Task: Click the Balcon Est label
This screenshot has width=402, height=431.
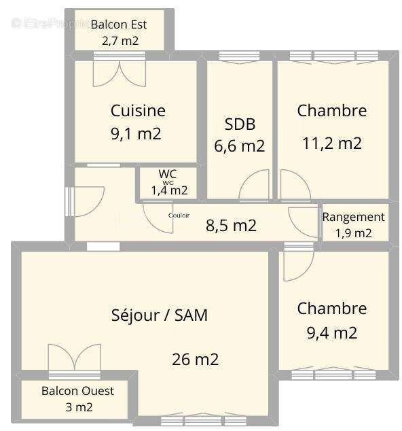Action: tap(119, 24)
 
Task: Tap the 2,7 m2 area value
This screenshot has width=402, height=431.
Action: tap(120, 40)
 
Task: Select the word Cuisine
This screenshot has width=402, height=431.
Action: tap(138, 110)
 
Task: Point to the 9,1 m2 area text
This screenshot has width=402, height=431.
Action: tap(136, 133)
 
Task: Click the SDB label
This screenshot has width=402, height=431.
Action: tap(240, 124)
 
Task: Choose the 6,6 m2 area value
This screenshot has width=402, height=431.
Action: tap(239, 145)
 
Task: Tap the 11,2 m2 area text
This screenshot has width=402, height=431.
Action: tap(331, 143)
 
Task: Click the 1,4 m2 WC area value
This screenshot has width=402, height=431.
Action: tap(169, 190)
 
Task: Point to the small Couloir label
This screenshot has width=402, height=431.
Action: tap(179, 215)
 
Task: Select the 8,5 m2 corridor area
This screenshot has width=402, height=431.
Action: tap(231, 225)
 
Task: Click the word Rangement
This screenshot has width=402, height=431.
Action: tap(353, 217)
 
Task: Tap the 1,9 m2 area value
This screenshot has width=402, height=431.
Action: tap(353, 233)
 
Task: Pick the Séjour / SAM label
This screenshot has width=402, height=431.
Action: tap(159, 315)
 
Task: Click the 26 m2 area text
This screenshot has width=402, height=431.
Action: tap(195, 359)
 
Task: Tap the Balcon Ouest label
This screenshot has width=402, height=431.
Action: tap(77, 391)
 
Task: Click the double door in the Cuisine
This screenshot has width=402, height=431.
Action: tap(119, 73)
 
